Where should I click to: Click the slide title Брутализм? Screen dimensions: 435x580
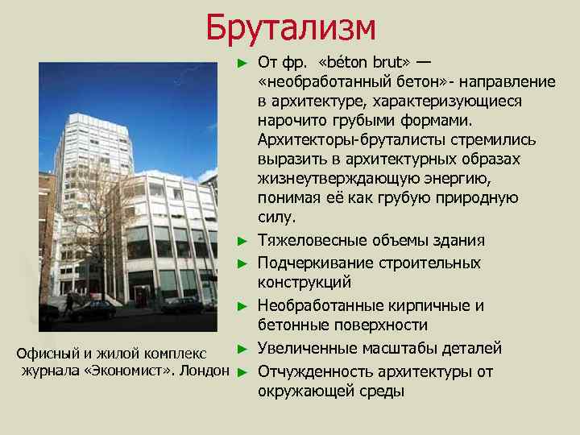[x=290, y=27]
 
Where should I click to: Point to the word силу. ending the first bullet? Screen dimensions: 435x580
[x=277, y=217]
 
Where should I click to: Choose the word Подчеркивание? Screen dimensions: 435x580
[x=311, y=263]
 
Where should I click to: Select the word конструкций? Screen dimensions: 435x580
[x=304, y=283]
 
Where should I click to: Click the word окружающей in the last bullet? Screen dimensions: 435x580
[x=302, y=391]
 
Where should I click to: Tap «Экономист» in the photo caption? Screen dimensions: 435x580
[x=125, y=371]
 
